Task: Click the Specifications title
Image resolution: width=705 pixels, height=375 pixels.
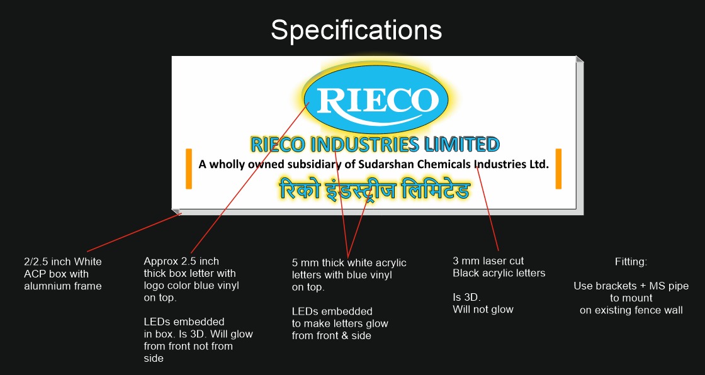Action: click(356, 31)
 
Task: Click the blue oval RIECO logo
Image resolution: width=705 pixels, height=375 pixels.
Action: click(376, 99)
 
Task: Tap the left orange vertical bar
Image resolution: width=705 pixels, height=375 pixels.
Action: click(189, 169)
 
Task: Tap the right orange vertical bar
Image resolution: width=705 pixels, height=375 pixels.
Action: click(558, 169)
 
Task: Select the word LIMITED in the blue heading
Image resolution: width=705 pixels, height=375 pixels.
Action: click(462, 144)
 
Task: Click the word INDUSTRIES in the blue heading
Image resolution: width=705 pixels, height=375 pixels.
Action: click(364, 144)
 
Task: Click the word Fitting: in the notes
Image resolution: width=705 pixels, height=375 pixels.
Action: click(631, 262)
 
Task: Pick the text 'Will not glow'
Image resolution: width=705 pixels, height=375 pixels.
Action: click(483, 310)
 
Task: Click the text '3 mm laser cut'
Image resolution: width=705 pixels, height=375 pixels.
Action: click(488, 260)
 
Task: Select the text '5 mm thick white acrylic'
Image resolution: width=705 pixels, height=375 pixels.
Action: click(349, 262)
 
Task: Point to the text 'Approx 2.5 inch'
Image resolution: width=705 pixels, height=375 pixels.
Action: click(181, 261)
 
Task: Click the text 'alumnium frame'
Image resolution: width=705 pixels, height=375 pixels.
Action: click(63, 286)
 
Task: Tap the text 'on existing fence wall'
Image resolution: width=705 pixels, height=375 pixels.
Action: click(631, 310)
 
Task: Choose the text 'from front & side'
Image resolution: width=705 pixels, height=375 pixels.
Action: click(331, 335)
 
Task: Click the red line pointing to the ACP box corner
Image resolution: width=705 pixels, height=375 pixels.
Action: click(134, 232)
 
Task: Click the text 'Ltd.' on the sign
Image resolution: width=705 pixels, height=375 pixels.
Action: click(538, 164)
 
